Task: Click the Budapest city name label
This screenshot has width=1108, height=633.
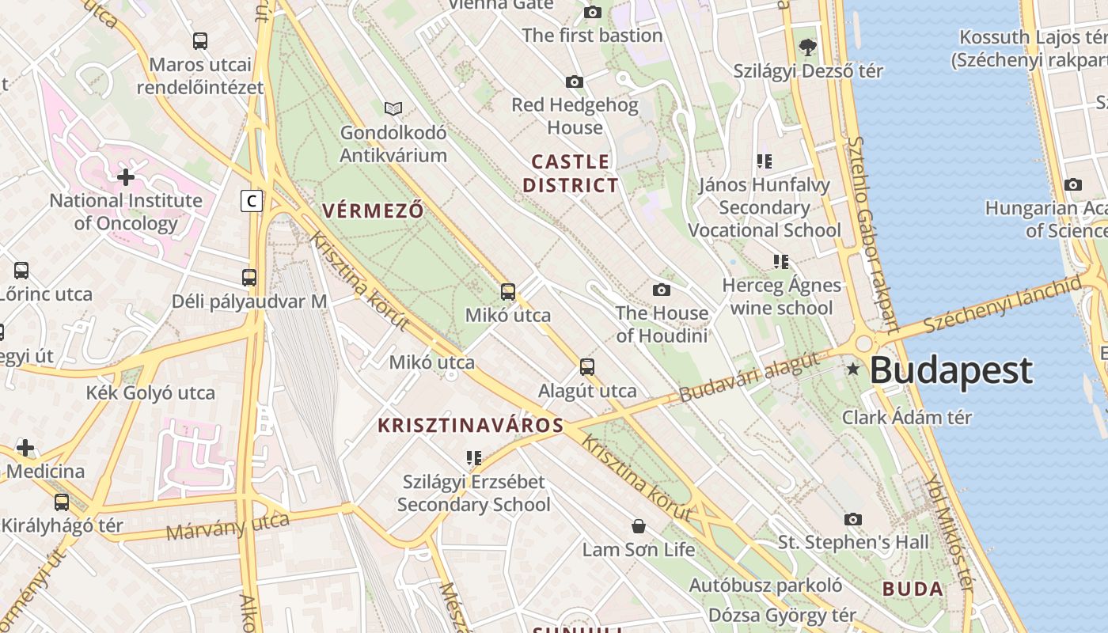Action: [x=951, y=370]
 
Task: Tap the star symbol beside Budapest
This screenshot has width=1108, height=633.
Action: [x=853, y=369]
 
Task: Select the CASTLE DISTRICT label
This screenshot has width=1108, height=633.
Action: [x=570, y=174]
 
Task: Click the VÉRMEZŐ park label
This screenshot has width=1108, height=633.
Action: [x=373, y=210]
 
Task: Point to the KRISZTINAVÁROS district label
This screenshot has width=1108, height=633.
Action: [x=470, y=426]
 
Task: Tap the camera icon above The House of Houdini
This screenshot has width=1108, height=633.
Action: [x=662, y=290]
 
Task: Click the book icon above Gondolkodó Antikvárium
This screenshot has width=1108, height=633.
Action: [x=393, y=108]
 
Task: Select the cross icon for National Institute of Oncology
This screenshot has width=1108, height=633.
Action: [x=125, y=176]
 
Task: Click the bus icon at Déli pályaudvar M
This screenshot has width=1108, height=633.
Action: [x=249, y=278]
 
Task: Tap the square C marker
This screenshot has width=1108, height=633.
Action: [x=252, y=201]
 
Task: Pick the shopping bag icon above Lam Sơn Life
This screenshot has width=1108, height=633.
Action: [x=639, y=526]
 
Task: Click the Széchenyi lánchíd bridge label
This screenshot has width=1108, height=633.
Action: [x=1002, y=305]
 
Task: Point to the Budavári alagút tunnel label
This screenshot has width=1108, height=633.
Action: [x=749, y=378]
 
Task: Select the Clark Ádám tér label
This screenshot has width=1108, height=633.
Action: [x=906, y=418]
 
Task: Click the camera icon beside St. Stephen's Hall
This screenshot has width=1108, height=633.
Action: [x=852, y=520]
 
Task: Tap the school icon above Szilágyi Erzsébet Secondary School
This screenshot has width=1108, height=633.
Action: [x=474, y=457]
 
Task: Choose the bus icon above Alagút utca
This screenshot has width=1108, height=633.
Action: [x=587, y=367]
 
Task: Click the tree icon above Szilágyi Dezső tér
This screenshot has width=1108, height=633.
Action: [x=808, y=47]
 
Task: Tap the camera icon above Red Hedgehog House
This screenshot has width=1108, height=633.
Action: [x=575, y=81]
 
